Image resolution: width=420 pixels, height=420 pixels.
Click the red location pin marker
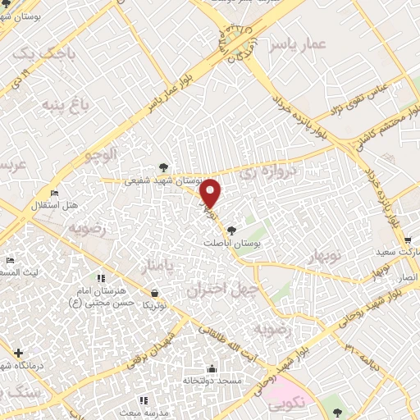pyautogui.click(x=211, y=194)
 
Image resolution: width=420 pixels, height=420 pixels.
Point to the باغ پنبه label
pyautogui.click(x=62, y=105)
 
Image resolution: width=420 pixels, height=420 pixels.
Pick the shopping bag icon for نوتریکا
pyautogui.click(x=154, y=292)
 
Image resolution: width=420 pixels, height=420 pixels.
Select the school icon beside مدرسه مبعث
pyautogui.click(x=144, y=400)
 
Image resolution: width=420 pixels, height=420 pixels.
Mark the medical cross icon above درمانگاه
pyautogui.click(x=19, y=353)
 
